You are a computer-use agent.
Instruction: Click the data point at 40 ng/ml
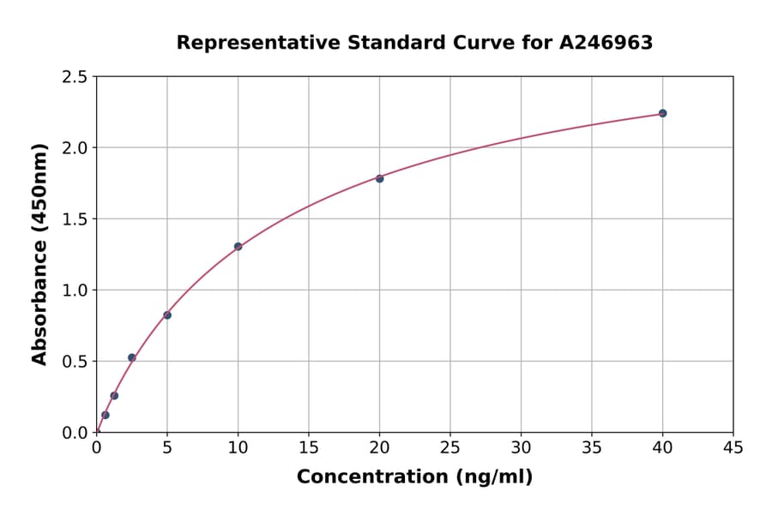[x=662, y=113]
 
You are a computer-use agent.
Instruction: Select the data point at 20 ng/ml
[x=379, y=178]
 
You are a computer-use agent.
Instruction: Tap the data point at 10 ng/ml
[x=238, y=247]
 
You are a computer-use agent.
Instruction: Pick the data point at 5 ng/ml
[x=167, y=315]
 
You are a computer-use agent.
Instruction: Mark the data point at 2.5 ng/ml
[x=131, y=357]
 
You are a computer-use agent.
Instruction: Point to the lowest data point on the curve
[x=106, y=415]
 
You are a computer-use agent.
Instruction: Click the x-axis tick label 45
[x=733, y=447]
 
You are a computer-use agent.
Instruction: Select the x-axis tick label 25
[x=450, y=447]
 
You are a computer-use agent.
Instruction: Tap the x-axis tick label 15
[x=309, y=447]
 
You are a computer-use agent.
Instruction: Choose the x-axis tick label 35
[x=592, y=447]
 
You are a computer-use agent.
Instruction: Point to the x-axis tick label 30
[x=521, y=447]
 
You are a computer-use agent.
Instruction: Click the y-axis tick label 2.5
[x=75, y=77]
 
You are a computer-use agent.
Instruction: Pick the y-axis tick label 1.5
[x=75, y=219]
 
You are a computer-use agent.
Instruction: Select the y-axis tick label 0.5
[x=75, y=362]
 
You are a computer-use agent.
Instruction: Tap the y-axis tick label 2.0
[x=75, y=148]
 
